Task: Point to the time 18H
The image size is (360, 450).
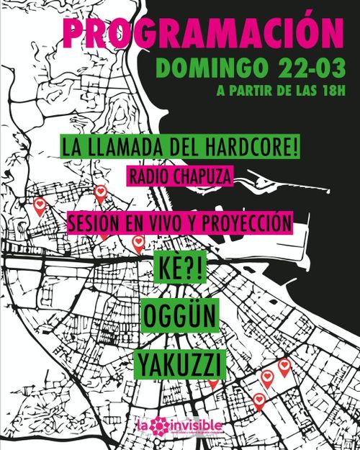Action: [x=328, y=93]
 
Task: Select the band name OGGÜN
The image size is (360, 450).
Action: [x=179, y=317]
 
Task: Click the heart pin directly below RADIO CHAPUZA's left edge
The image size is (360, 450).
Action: [x=102, y=192]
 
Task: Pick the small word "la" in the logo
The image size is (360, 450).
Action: [x=143, y=428]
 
